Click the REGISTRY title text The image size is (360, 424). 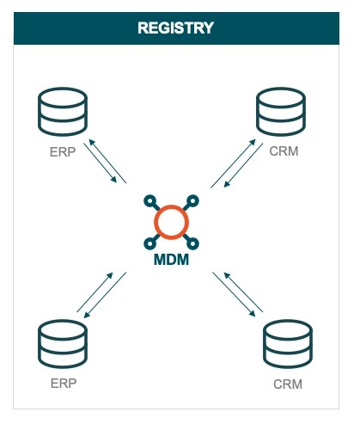175,28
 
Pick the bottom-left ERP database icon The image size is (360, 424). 64,344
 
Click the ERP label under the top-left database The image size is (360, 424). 62,151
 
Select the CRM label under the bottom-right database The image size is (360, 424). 286,384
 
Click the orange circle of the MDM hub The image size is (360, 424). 171,220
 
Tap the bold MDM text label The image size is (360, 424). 172,258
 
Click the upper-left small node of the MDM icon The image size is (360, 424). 149,200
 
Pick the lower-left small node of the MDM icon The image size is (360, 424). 149,242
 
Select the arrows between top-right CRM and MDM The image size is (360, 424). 233,163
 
